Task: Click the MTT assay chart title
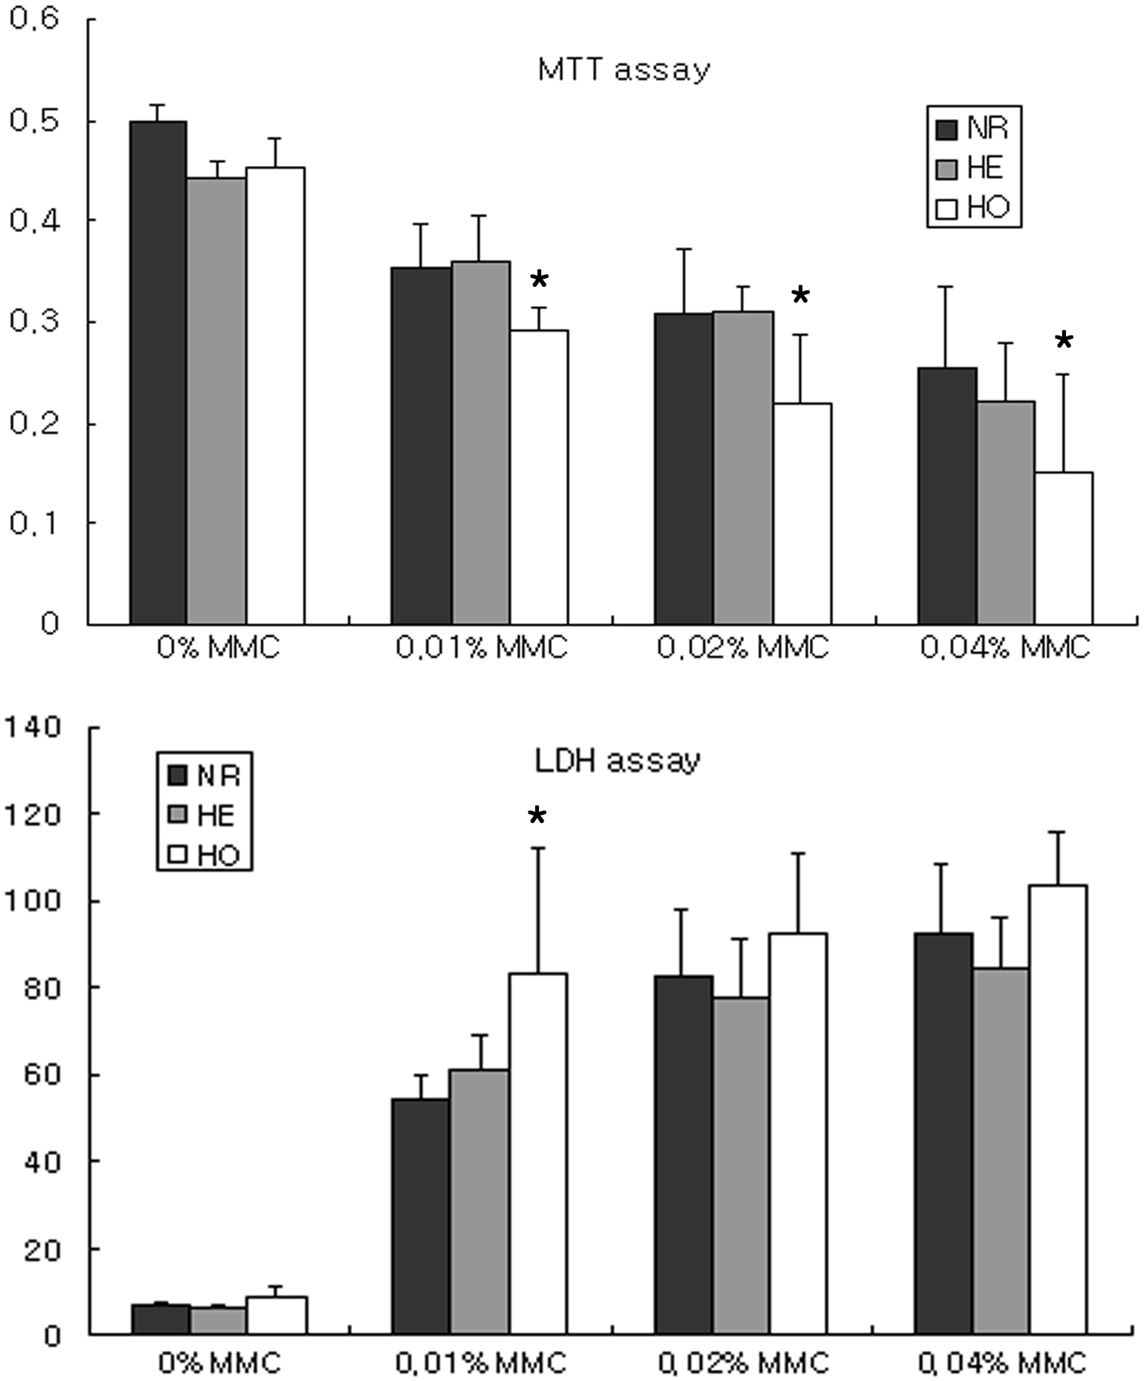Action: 623,70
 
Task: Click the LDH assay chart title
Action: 617,761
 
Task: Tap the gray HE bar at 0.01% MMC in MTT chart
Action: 480,443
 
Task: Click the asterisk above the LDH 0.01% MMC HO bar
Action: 537,816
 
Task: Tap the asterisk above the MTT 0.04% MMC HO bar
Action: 1064,342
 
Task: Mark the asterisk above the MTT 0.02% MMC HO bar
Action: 801,296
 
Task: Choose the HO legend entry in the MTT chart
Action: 974,207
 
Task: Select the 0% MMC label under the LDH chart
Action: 219,1361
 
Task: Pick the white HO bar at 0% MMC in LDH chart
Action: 276,1315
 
